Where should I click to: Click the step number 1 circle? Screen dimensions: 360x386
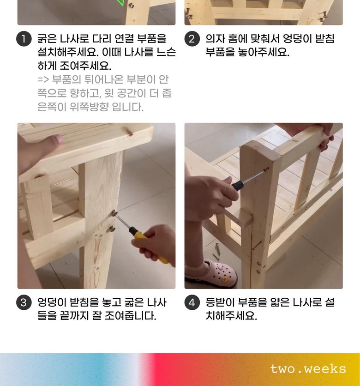click(x=24, y=39)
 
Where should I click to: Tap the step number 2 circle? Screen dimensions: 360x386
click(x=192, y=39)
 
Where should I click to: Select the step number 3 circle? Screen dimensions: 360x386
click(x=24, y=302)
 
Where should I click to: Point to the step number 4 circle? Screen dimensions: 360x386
click(x=192, y=302)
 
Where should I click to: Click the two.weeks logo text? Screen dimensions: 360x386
click(x=308, y=369)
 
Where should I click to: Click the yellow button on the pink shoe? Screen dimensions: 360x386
click(x=224, y=280)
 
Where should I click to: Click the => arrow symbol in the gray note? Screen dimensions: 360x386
click(x=43, y=80)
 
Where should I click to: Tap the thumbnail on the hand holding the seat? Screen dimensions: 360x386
click(x=59, y=139)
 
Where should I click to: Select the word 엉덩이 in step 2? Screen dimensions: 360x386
click(x=298, y=39)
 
